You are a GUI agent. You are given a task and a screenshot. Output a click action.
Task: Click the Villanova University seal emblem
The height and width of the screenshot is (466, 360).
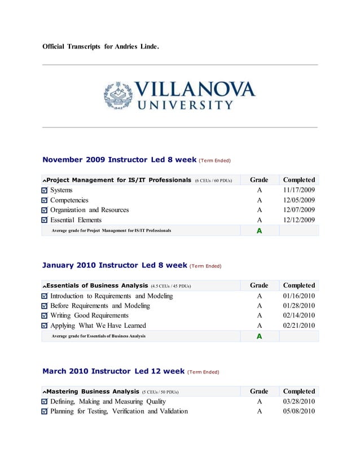tap(118, 95)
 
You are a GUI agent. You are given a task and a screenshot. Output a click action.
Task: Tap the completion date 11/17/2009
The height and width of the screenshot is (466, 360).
tap(298, 190)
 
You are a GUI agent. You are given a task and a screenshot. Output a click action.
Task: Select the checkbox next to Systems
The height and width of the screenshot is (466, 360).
tap(45, 191)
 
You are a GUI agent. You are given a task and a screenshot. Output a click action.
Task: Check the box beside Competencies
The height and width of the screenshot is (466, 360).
tap(45, 201)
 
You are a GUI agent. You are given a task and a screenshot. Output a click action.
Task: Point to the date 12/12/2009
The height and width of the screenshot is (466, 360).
tap(298, 220)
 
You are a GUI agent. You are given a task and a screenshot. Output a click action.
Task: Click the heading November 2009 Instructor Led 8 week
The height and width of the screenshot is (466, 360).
tap(119, 160)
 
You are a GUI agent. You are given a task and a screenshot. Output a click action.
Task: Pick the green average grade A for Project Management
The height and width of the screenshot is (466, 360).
tap(259, 231)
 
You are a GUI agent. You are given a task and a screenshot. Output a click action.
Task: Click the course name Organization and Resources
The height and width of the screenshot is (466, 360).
tap(89, 210)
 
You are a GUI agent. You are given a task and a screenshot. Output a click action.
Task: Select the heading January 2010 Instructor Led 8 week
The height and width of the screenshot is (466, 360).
tap(115, 265)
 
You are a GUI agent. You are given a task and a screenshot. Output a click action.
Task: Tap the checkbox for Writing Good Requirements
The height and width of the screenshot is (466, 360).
tap(45, 316)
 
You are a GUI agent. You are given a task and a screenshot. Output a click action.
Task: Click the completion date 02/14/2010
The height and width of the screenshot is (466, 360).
tap(298, 315)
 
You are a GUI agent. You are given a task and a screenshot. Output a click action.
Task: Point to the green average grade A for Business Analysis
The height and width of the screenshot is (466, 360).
tap(259, 336)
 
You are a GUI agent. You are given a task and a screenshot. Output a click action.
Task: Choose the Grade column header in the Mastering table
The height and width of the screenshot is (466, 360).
tap(259, 391)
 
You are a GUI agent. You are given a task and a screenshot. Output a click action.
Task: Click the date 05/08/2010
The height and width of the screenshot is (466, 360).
tap(298, 411)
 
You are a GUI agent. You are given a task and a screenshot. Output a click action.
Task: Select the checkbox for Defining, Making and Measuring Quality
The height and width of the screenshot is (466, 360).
tap(45, 402)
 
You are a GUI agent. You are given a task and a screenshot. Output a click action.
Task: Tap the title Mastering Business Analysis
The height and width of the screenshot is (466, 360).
tap(93, 391)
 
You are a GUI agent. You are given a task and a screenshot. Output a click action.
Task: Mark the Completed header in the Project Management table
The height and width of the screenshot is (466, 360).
tap(298, 180)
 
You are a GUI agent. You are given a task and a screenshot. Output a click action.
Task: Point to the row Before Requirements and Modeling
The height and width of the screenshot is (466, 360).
tap(100, 306)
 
